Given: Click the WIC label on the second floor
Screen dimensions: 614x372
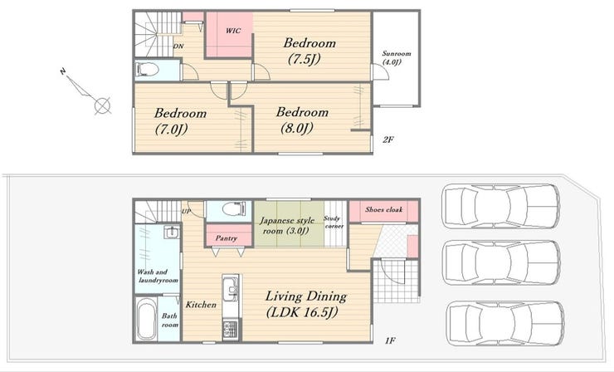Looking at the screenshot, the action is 233,31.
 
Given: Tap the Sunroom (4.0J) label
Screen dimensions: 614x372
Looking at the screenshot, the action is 397,57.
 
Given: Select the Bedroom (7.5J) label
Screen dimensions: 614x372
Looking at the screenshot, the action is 309,51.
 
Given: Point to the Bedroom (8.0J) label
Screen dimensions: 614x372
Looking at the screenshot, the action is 302,120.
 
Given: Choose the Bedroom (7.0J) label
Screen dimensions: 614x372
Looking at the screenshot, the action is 180,121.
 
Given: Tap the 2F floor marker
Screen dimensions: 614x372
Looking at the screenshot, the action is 387,139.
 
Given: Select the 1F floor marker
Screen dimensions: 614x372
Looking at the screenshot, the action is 390,340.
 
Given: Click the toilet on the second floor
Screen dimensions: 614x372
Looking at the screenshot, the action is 147,71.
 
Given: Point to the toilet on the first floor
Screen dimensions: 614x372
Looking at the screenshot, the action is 234,208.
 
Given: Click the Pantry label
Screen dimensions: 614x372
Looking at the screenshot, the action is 227,238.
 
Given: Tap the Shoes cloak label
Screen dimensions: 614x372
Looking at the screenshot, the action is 383,209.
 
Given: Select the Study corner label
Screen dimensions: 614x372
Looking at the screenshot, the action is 334,223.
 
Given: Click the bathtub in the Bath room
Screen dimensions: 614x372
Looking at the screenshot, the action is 147,320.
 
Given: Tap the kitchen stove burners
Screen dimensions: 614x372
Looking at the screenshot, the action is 230,330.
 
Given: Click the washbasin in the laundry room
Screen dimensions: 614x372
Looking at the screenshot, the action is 172,232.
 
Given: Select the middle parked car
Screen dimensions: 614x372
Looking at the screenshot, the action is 502,262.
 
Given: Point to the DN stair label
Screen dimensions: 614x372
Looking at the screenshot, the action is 178,46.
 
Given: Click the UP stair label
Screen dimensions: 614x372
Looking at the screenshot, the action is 186,212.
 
